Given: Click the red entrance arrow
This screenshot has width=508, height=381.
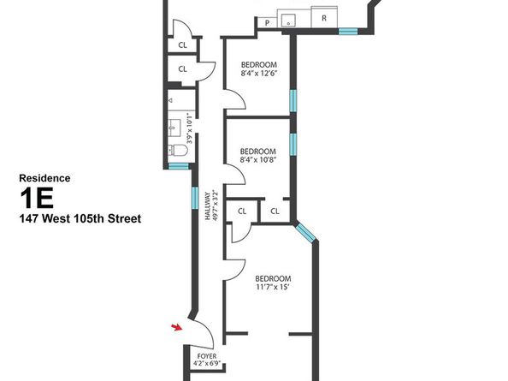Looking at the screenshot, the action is click(177, 327).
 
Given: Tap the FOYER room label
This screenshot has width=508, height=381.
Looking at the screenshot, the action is click(207, 356).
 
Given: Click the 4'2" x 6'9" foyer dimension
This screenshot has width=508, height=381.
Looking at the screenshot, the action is click(207, 364).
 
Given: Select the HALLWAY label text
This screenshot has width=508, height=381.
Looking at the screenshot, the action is click(207, 206).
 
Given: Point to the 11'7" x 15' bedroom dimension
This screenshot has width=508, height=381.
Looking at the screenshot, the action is click(271, 287).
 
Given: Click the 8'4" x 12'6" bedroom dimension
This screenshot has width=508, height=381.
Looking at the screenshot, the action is click(259, 74).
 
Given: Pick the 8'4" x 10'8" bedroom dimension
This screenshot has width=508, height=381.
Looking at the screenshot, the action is click(258, 159).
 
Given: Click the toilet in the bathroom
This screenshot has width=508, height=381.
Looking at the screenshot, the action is click(178, 150).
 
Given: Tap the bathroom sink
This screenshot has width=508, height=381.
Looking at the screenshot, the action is click(175, 128).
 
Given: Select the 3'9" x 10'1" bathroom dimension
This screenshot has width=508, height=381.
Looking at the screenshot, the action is click(190, 128).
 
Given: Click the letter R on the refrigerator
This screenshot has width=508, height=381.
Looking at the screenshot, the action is click(323, 18).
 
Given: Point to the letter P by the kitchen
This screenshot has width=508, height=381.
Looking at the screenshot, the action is click(267, 23).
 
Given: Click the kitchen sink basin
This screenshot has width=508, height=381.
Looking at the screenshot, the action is click(288, 20).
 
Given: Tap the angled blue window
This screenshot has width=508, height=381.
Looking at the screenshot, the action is click(305, 232).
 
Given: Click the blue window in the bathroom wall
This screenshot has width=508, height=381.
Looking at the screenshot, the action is click(179, 166).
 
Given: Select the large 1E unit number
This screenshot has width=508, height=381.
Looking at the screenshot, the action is click(37, 199).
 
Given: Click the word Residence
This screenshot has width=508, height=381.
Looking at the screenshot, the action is click(44, 178).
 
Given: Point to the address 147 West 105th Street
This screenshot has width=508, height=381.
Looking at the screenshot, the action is click(80, 218).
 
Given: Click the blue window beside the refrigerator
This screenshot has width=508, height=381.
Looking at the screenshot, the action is click(348, 32).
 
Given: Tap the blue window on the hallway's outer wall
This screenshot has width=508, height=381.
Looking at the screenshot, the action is click(195, 198).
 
